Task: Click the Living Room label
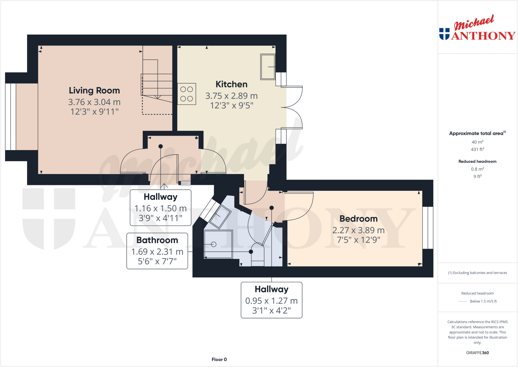point(94,90)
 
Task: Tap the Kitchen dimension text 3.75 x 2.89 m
point(231,96)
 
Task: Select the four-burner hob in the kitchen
point(187,94)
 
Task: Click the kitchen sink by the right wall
point(268,67)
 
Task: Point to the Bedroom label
point(358,219)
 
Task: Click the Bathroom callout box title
point(157,240)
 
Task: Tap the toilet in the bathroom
point(258,254)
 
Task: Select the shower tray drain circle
point(214,244)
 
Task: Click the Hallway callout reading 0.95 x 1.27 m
point(271,301)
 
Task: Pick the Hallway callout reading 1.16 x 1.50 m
point(160,208)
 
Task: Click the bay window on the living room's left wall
point(11,117)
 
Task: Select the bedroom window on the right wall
point(428,228)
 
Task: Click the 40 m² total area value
point(477,142)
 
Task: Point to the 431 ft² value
point(477,149)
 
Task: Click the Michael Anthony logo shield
point(444,34)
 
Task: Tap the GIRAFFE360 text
point(477,353)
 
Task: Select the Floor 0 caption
point(219,359)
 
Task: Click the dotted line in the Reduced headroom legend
point(463,301)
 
